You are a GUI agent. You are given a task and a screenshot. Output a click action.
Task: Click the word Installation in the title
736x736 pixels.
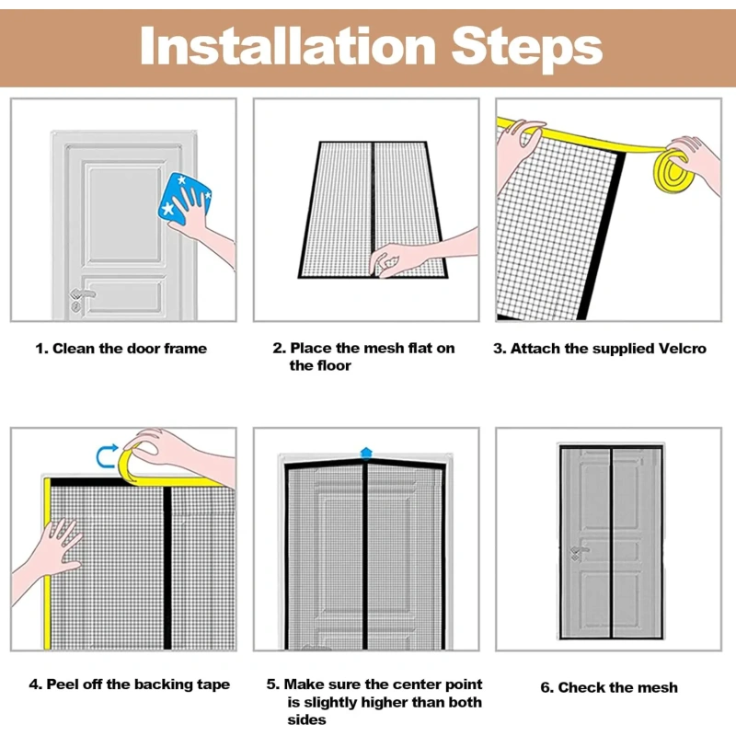pyautogui.click(x=288, y=46)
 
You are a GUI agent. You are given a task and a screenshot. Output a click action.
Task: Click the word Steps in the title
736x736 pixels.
pyautogui.click(x=527, y=49)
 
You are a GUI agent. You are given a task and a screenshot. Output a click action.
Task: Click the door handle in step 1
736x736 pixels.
pyautogui.click(x=82, y=294)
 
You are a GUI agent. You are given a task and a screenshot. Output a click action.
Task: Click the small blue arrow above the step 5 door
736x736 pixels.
pyautogui.click(x=366, y=453)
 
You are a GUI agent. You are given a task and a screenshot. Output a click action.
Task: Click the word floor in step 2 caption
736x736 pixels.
pyautogui.click(x=333, y=365)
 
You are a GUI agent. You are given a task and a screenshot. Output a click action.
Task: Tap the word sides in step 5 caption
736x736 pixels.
pyautogui.click(x=306, y=720)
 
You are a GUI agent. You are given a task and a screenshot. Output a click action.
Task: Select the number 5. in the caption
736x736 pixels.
pyautogui.click(x=272, y=684)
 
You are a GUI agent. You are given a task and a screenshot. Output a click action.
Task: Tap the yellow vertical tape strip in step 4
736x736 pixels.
pyautogui.click(x=47, y=563)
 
